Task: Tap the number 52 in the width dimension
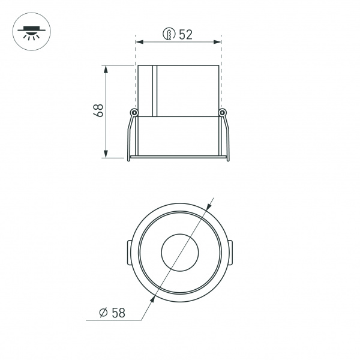pyautogui.click(x=185, y=34)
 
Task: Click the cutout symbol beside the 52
pyautogui.click(x=169, y=34)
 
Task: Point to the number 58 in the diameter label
pyautogui.click(x=118, y=313)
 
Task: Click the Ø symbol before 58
pyautogui.click(x=103, y=313)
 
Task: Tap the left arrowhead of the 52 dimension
pyautogui.click(x=140, y=42)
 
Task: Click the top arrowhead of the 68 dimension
pyautogui.click(x=106, y=69)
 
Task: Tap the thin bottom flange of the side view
pyautogui.click(x=178, y=159)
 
